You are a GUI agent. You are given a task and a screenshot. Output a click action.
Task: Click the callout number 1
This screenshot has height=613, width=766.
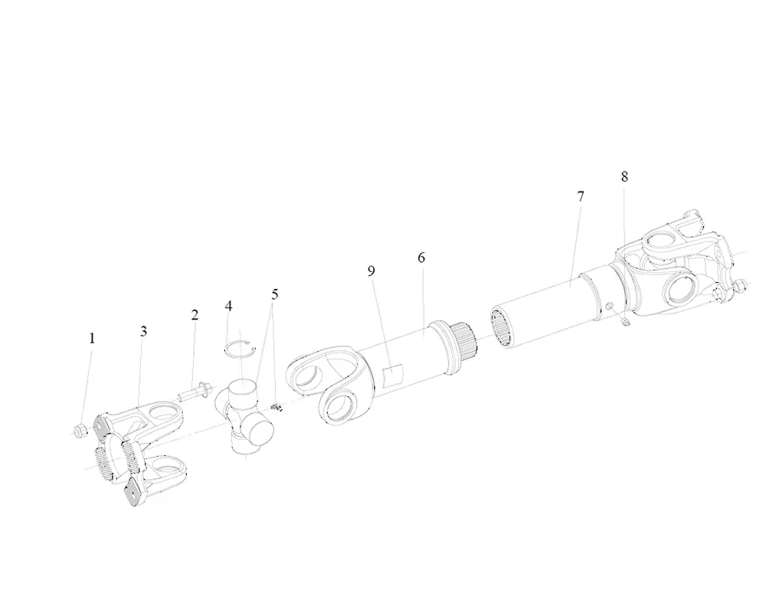pos(92,338)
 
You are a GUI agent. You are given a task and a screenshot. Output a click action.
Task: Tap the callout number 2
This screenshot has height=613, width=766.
pos(195,315)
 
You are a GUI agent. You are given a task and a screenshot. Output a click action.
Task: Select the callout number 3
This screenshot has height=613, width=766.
pos(143,331)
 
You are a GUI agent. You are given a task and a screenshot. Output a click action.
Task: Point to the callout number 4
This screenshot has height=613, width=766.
pos(228,306)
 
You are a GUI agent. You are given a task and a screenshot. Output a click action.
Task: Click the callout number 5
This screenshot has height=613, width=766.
pos(275,294)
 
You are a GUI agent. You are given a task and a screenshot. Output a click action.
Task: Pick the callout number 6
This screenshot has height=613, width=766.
pos(421,257)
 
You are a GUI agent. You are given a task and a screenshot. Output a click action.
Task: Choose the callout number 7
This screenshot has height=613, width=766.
pos(581,196)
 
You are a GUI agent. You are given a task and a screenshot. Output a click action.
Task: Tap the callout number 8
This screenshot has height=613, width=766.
pos(624,176)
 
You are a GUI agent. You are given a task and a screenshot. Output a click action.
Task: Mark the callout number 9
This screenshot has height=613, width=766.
pos(372,270)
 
